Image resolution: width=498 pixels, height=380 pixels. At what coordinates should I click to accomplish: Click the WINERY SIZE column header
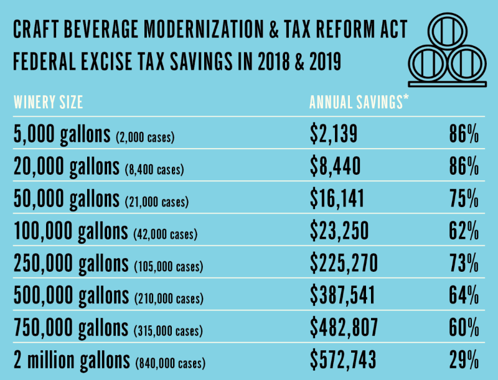[x=48, y=103]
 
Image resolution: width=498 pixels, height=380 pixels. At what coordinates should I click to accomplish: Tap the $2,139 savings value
[x=334, y=132]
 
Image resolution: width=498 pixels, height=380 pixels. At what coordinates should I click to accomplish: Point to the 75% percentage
[x=463, y=198]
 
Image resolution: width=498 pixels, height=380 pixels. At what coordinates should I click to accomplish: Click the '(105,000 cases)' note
[x=169, y=267]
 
